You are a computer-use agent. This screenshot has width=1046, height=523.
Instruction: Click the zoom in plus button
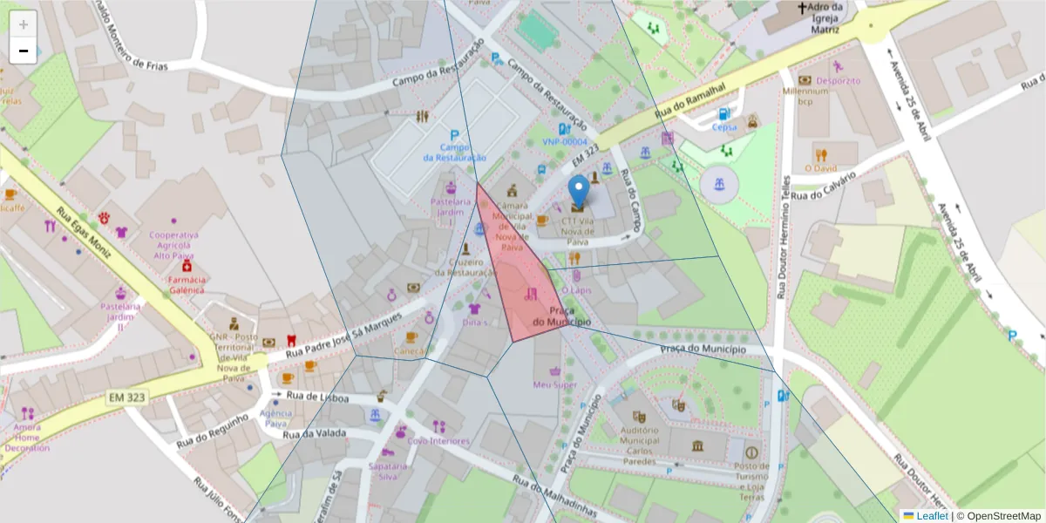24,24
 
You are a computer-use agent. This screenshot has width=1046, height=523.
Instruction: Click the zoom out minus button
24,51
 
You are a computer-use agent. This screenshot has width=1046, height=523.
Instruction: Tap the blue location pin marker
578,191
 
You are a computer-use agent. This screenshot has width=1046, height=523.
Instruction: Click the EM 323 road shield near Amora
127,397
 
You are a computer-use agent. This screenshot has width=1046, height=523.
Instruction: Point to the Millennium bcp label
805,94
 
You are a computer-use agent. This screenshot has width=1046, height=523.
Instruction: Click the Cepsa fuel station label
723,126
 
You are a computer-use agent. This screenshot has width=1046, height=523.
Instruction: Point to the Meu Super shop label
555,384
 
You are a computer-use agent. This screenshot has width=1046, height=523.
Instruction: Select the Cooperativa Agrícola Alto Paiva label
174,244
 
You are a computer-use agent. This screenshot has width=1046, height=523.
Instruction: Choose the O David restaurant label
820,168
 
